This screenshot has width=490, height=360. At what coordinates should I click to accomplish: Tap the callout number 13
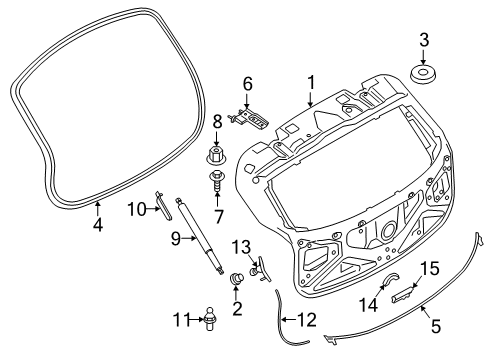[240, 247]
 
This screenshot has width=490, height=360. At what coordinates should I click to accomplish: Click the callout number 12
[306, 321]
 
